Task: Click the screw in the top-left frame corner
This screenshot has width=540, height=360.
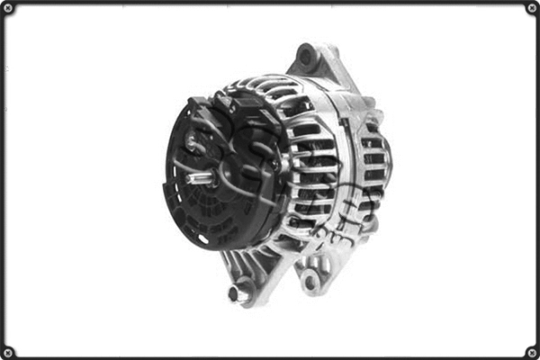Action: (x=8, y=8)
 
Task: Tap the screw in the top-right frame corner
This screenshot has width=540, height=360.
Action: (x=531, y=8)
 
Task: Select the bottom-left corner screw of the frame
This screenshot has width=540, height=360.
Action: (x=8, y=351)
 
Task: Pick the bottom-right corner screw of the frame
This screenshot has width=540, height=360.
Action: (x=531, y=351)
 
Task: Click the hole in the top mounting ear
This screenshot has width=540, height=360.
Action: (x=306, y=58)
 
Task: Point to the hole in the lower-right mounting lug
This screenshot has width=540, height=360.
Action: (x=311, y=282)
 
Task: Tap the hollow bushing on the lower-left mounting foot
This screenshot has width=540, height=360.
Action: (x=239, y=293)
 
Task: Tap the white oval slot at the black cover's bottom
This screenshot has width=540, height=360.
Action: (x=203, y=238)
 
